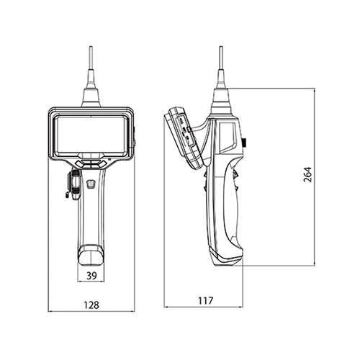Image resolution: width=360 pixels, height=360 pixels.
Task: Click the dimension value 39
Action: (x=91, y=276)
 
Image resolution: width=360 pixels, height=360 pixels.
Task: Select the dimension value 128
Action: (x=91, y=305)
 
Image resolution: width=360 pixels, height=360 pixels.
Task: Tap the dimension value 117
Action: (x=205, y=301)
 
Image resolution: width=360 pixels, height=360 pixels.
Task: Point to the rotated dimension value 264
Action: (x=307, y=174)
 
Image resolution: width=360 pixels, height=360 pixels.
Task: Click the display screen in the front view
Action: (x=91, y=135)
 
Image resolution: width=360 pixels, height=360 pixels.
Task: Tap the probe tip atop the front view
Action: (x=91, y=48)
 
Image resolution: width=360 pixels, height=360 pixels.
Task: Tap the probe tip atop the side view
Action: (x=221, y=48)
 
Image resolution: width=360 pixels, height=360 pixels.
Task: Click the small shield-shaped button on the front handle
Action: (x=91, y=184)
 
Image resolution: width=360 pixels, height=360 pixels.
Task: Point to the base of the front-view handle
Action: (x=91, y=255)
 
